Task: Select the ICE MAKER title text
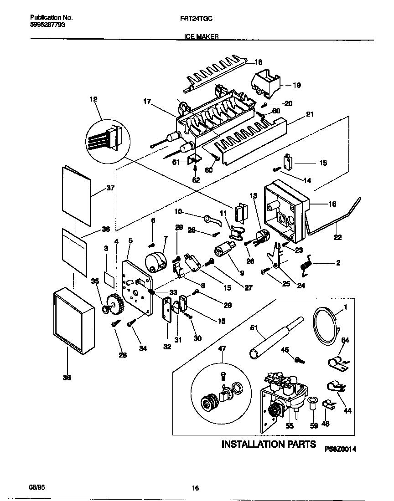click(201, 38)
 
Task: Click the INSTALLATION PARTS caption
click(268, 444)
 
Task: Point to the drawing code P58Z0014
click(340, 449)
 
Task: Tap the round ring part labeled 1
click(326, 326)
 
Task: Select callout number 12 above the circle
click(93, 99)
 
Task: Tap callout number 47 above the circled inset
click(222, 348)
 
